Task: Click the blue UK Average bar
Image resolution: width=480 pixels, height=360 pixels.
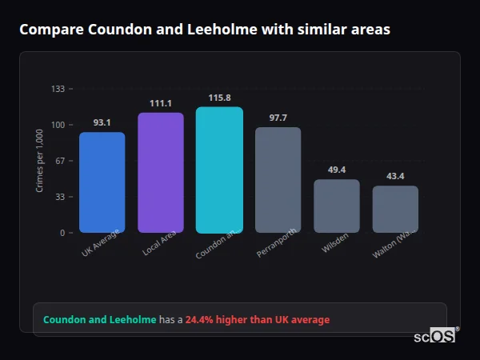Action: coord(102,182)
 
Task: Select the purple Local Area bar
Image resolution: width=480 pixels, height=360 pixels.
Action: coord(161,173)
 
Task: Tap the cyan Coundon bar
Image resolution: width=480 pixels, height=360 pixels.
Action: coord(219,170)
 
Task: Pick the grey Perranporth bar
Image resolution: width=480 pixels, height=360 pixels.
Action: coord(278,180)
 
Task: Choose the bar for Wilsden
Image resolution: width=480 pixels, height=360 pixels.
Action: coord(337,206)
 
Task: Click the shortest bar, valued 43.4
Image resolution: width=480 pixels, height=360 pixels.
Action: coord(395,210)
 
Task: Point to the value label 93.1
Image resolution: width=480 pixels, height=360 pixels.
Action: coord(102,123)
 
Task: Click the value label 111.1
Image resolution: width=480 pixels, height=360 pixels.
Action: coord(161,103)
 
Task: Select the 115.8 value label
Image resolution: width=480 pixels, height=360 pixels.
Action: coord(219,98)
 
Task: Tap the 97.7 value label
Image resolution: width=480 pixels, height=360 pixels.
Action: coord(278,118)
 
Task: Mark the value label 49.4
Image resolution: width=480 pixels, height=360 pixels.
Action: coord(337,170)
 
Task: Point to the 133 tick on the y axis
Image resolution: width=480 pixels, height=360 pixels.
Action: coord(58,89)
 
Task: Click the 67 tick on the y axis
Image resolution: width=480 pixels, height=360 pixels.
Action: coord(60,161)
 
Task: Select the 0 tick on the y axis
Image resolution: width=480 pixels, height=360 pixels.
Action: coord(62,233)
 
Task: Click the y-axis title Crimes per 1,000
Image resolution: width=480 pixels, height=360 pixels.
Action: coord(40,161)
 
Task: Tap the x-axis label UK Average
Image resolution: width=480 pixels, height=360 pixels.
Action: coord(101,242)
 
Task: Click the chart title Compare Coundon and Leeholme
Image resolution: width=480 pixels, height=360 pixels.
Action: coord(205,30)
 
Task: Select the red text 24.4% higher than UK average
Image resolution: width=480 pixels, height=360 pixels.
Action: coord(257,320)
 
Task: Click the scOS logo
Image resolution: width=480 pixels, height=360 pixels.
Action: coord(434,336)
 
